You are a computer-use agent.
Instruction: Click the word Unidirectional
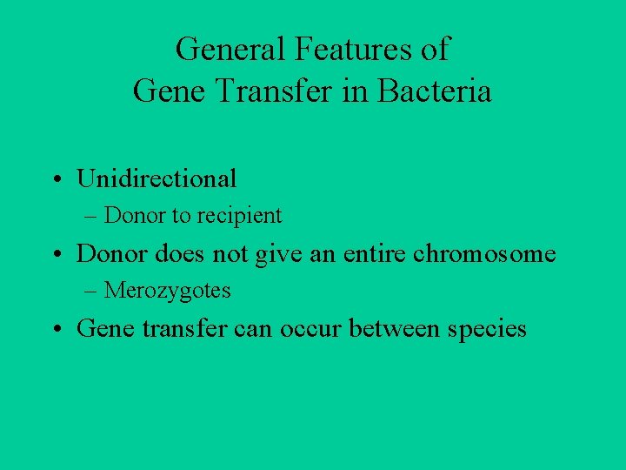[156, 178]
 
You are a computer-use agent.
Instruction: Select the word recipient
[243, 215]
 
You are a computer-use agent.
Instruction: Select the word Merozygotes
[168, 291]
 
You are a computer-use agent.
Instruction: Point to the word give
[274, 253]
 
